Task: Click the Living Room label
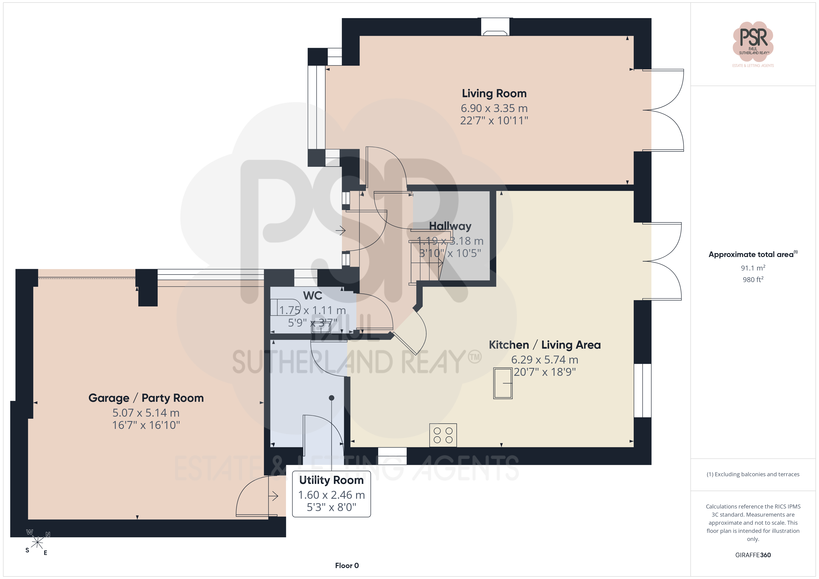494,93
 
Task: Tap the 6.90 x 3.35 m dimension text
494,108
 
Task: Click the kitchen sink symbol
503,383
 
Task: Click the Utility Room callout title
331,480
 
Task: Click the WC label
312,296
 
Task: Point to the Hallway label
450,226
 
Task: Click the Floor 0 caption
347,566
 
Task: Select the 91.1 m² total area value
753,268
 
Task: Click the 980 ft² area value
753,280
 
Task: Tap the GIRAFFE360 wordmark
753,555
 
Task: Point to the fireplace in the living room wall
495,27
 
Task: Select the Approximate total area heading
753,254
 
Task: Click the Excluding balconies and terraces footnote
753,474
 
